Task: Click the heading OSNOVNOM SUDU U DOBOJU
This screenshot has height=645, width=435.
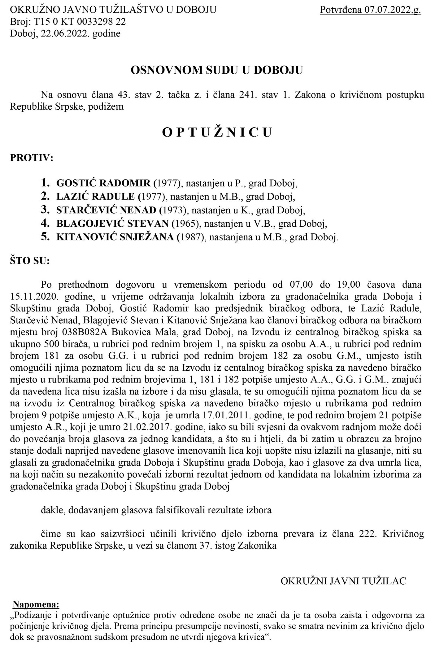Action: click(x=217, y=70)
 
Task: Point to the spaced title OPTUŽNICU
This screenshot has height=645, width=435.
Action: click(x=217, y=132)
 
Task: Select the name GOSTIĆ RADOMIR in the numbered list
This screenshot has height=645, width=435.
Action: click(x=104, y=183)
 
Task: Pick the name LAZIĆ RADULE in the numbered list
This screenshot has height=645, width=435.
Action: click(x=96, y=196)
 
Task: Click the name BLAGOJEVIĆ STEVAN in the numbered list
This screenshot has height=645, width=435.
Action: click(x=113, y=224)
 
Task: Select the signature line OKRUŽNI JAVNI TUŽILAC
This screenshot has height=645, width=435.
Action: click(x=343, y=573)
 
